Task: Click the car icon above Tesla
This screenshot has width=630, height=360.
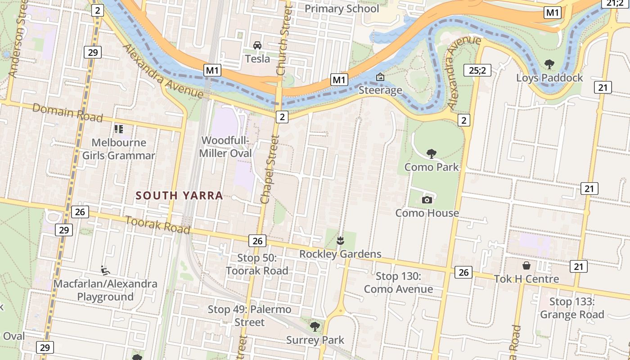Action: pos(257,45)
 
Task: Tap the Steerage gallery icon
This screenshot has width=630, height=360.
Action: pos(380,77)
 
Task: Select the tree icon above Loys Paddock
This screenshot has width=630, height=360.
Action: pos(549,64)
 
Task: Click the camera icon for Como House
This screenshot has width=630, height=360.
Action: pos(427,200)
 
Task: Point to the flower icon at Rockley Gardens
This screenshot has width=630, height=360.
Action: pos(340,241)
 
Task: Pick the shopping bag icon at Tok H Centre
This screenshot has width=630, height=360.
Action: pos(526,265)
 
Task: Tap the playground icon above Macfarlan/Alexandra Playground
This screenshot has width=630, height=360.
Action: pos(105,270)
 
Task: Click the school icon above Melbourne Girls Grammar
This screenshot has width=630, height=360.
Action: pos(119,130)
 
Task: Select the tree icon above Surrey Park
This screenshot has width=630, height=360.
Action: pos(315,326)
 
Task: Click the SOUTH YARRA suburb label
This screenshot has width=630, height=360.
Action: pos(180,195)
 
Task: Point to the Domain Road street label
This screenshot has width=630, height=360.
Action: pos(67,112)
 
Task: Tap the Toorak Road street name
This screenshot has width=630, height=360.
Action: pos(157,225)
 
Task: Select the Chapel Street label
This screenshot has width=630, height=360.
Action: pos(269,169)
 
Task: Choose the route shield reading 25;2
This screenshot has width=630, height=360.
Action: pos(477,70)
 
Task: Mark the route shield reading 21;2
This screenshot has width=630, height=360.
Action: pos(615,4)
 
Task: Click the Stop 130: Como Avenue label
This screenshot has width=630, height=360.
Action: pos(398,283)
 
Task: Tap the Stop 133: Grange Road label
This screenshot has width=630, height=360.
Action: pos(572,308)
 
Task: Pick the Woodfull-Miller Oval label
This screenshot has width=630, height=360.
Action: pos(225,147)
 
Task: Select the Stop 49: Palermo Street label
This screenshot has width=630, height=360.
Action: pos(249,316)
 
